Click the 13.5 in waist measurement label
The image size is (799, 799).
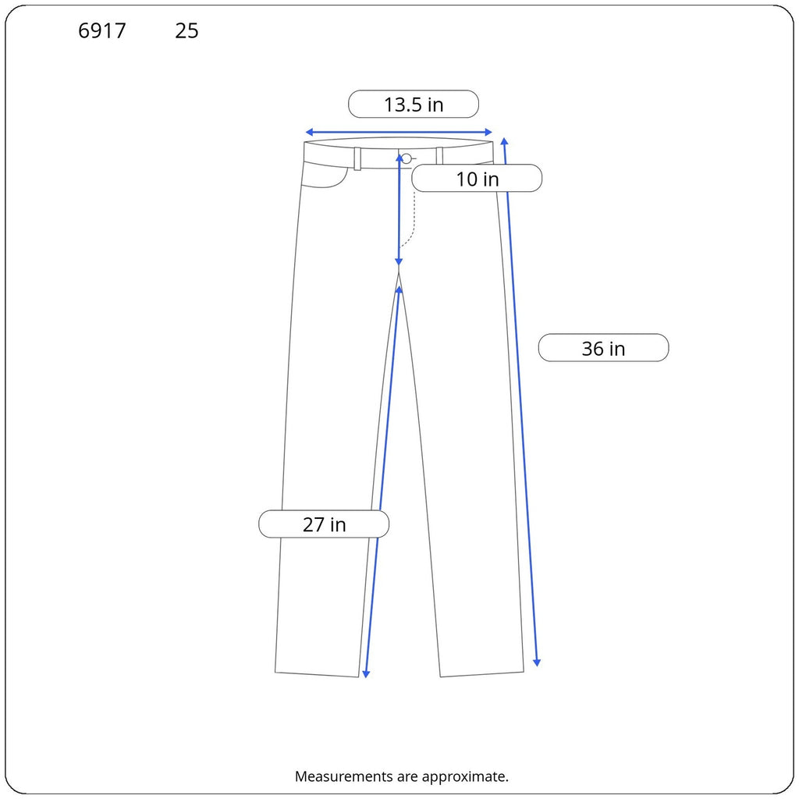point(414,104)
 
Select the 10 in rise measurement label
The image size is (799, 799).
point(477,179)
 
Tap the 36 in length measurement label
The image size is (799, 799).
point(603,348)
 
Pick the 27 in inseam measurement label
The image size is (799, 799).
point(324,524)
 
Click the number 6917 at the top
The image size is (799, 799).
point(102,31)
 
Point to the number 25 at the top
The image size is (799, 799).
point(186,31)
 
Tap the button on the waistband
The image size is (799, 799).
point(406,158)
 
